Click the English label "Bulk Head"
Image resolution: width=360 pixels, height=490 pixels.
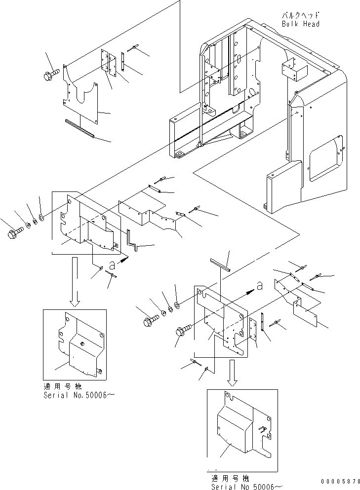coord(301,24)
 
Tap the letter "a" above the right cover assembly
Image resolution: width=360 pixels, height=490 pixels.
coord(259,285)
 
